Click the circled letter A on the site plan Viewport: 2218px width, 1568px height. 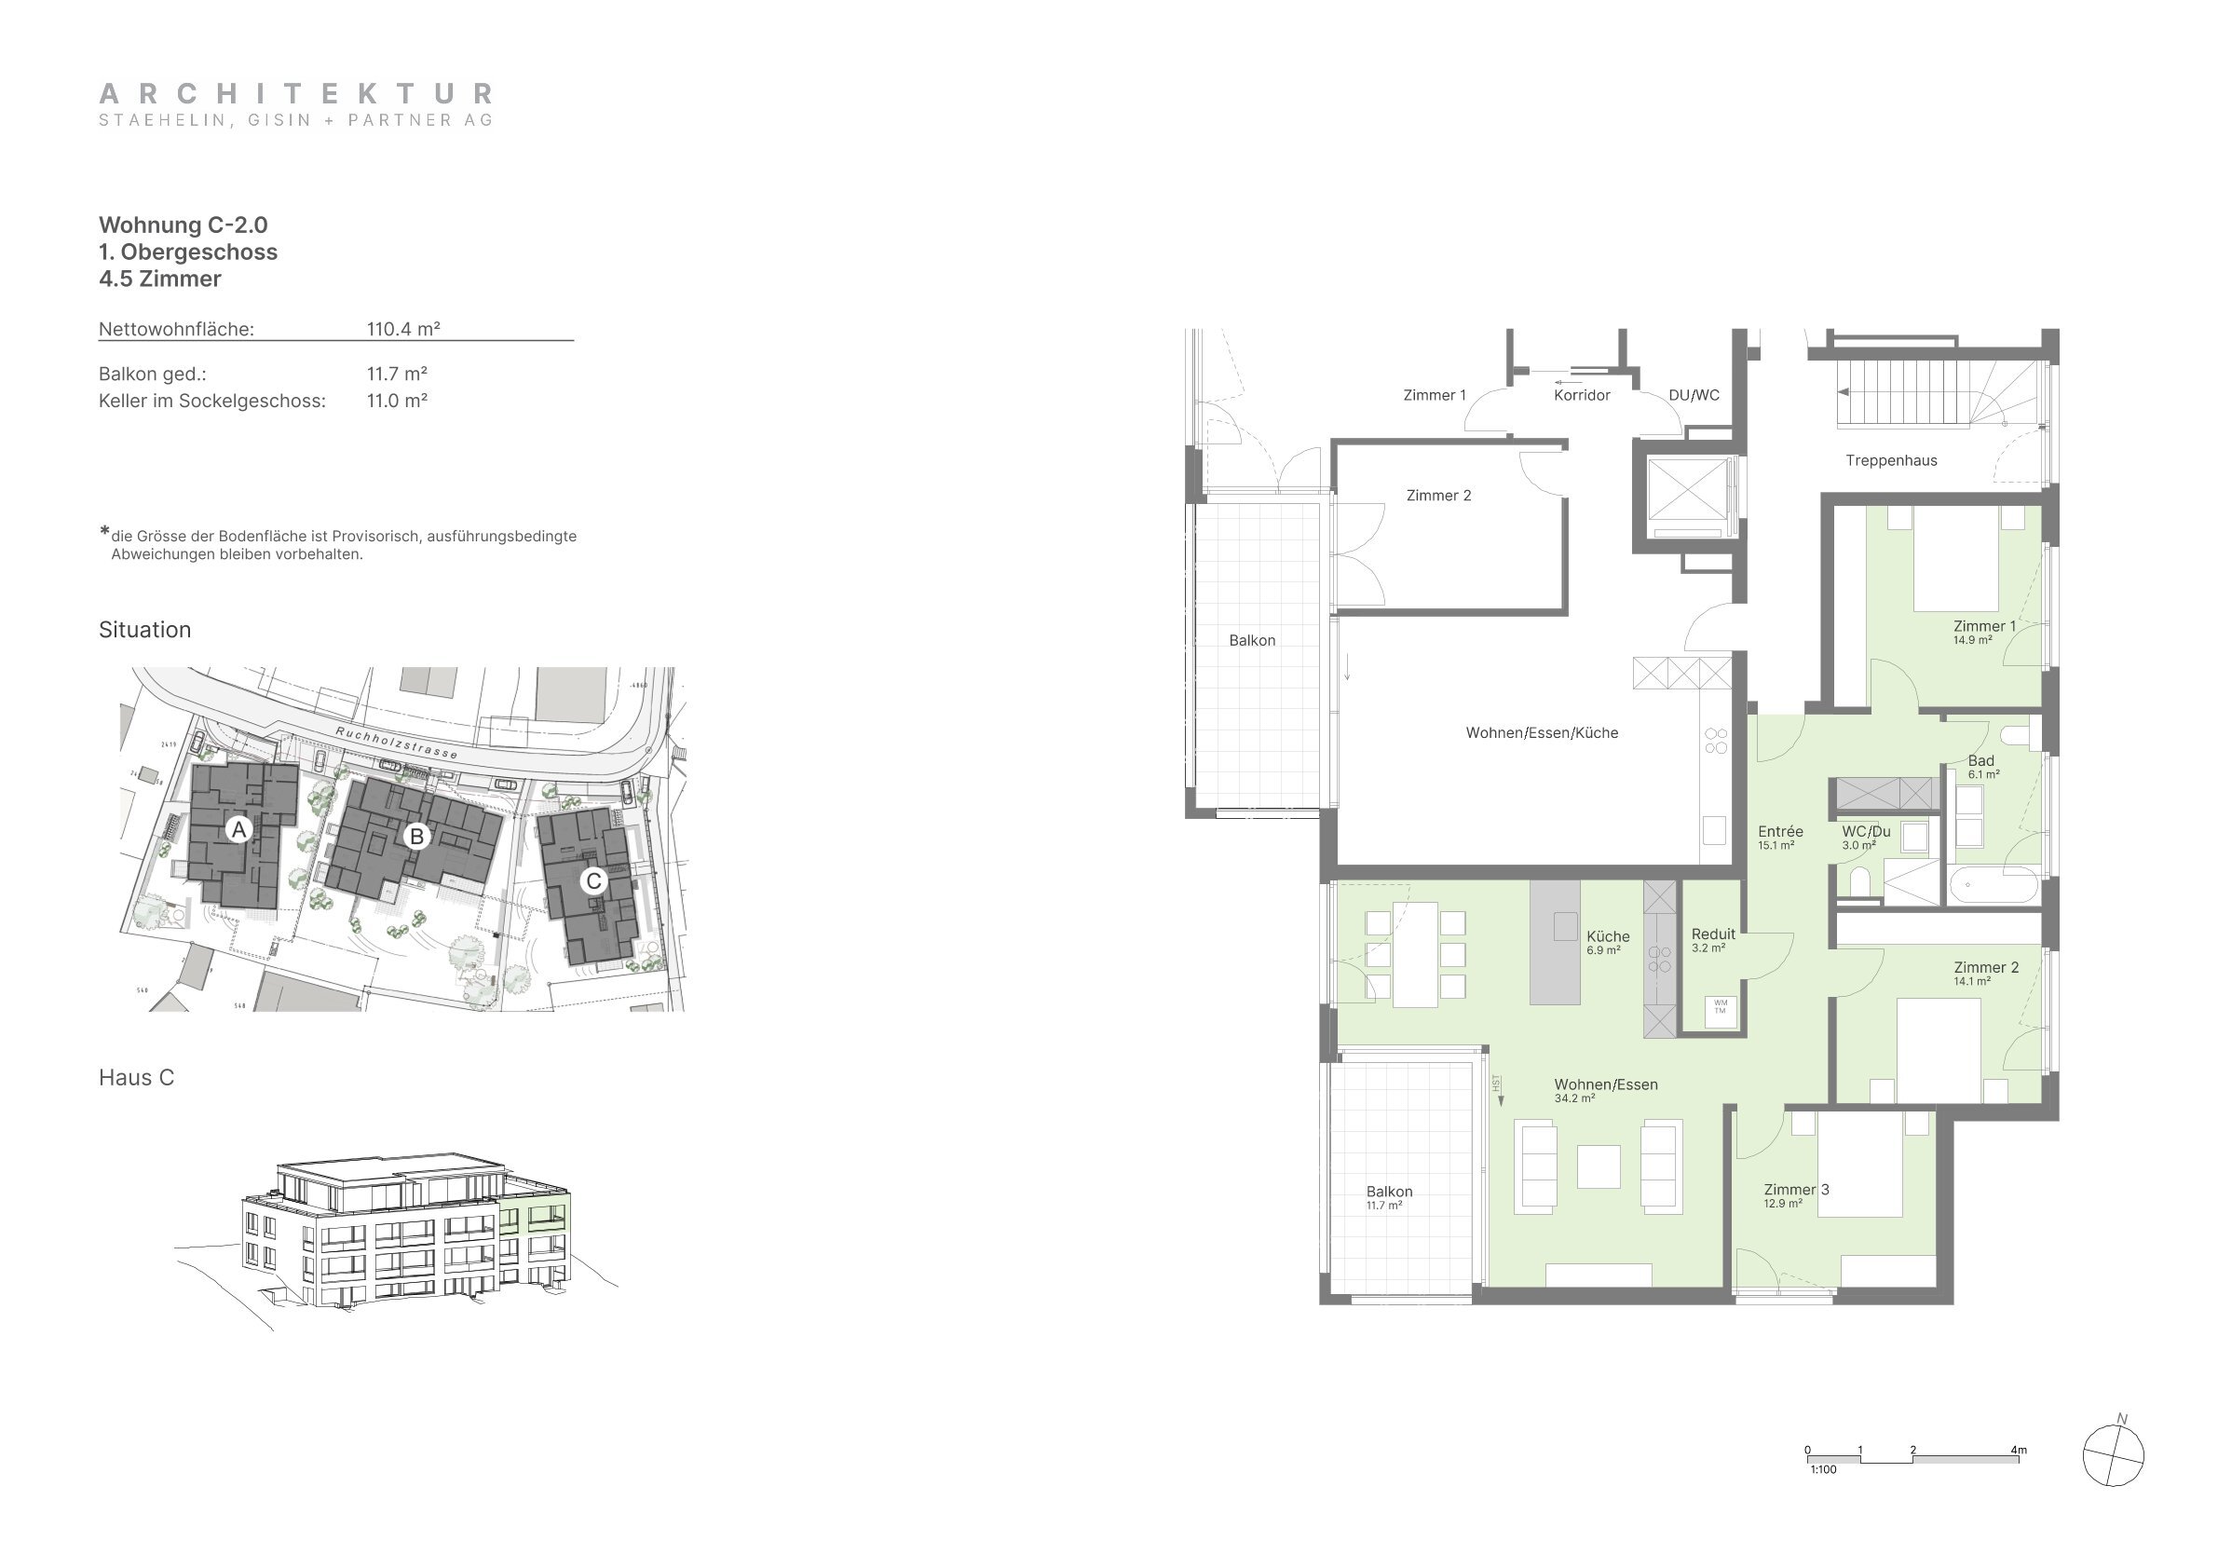click(x=238, y=829)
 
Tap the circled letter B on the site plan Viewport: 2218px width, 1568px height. click(x=416, y=836)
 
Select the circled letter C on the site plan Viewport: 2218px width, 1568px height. click(x=593, y=880)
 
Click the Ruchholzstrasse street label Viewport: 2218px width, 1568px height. click(x=396, y=741)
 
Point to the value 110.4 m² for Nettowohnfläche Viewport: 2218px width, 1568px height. click(x=402, y=329)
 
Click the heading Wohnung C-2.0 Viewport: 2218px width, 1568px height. click(x=184, y=225)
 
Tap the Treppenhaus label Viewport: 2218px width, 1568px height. click(x=1890, y=461)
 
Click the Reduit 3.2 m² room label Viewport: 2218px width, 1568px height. click(x=1713, y=940)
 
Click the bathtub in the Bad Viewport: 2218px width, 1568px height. click(x=1992, y=884)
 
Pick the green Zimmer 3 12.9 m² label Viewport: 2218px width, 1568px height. click(x=1796, y=1195)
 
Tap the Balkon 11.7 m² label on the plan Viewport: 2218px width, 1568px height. click(x=1388, y=1197)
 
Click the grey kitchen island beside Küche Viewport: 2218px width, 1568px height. click(x=1555, y=941)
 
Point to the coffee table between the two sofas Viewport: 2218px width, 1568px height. click(x=1598, y=1166)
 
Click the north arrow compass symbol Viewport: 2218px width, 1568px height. click(x=2113, y=1454)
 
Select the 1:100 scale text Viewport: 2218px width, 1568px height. click(x=1823, y=1469)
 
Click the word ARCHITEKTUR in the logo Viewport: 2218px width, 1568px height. click(x=296, y=94)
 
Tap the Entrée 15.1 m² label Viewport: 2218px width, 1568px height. click(x=1779, y=837)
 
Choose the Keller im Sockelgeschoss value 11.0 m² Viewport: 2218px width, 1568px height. click(x=396, y=401)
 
